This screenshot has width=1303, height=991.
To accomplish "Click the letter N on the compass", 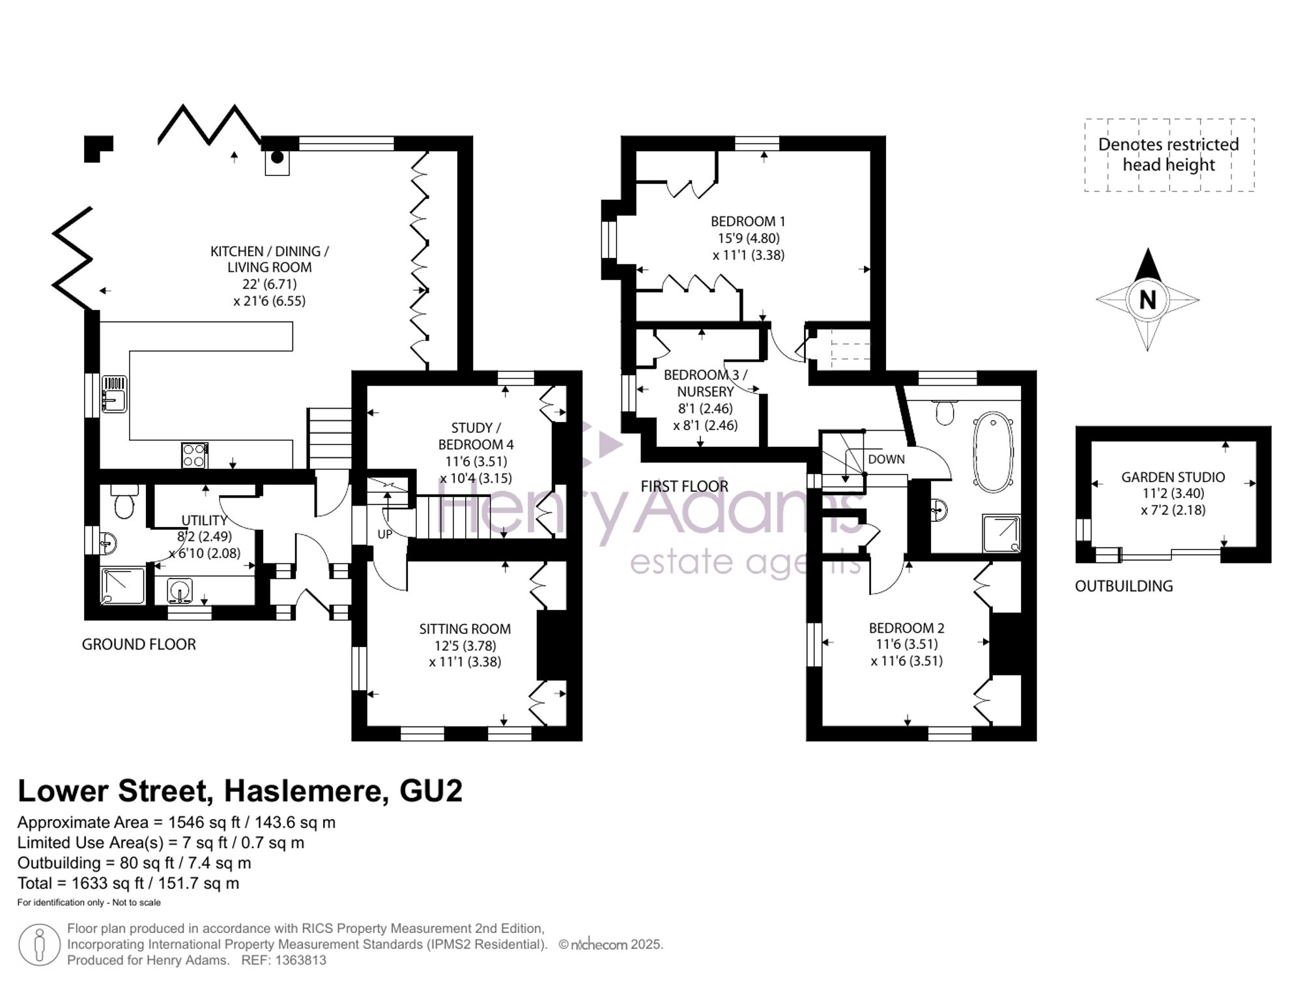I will (x=1147, y=300).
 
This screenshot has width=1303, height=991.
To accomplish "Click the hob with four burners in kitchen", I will (x=194, y=455).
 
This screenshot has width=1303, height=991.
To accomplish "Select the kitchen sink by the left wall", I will (x=114, y=394).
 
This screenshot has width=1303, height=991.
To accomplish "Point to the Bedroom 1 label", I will (x=748, y=222).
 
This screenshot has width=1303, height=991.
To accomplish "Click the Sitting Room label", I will (x=465, y=629).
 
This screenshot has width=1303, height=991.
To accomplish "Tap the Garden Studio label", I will (x=1173, y=477).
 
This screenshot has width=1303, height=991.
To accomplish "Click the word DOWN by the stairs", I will (x=886, y=459).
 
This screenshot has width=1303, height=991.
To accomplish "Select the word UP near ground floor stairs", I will (x=385, y=534).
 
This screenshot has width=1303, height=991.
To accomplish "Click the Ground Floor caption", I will (x=139, y=644).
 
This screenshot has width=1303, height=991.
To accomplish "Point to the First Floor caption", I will (x=684, y=486).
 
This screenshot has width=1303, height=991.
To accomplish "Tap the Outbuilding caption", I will (x=1124, y=586).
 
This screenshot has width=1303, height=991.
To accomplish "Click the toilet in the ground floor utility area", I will (x=123, y=502).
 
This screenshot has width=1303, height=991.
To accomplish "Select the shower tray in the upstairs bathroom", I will (x=1001, y=533).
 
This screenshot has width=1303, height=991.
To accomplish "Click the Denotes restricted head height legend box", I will (x=1169, y=155).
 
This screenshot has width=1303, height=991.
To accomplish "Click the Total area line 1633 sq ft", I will (x=128, y=883).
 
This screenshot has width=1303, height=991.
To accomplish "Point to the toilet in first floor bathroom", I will (x=944, y=412).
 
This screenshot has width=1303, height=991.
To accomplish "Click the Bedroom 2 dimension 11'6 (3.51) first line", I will (x=906, y=644).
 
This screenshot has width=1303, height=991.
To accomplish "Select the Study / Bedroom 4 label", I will (x=476, y=436).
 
